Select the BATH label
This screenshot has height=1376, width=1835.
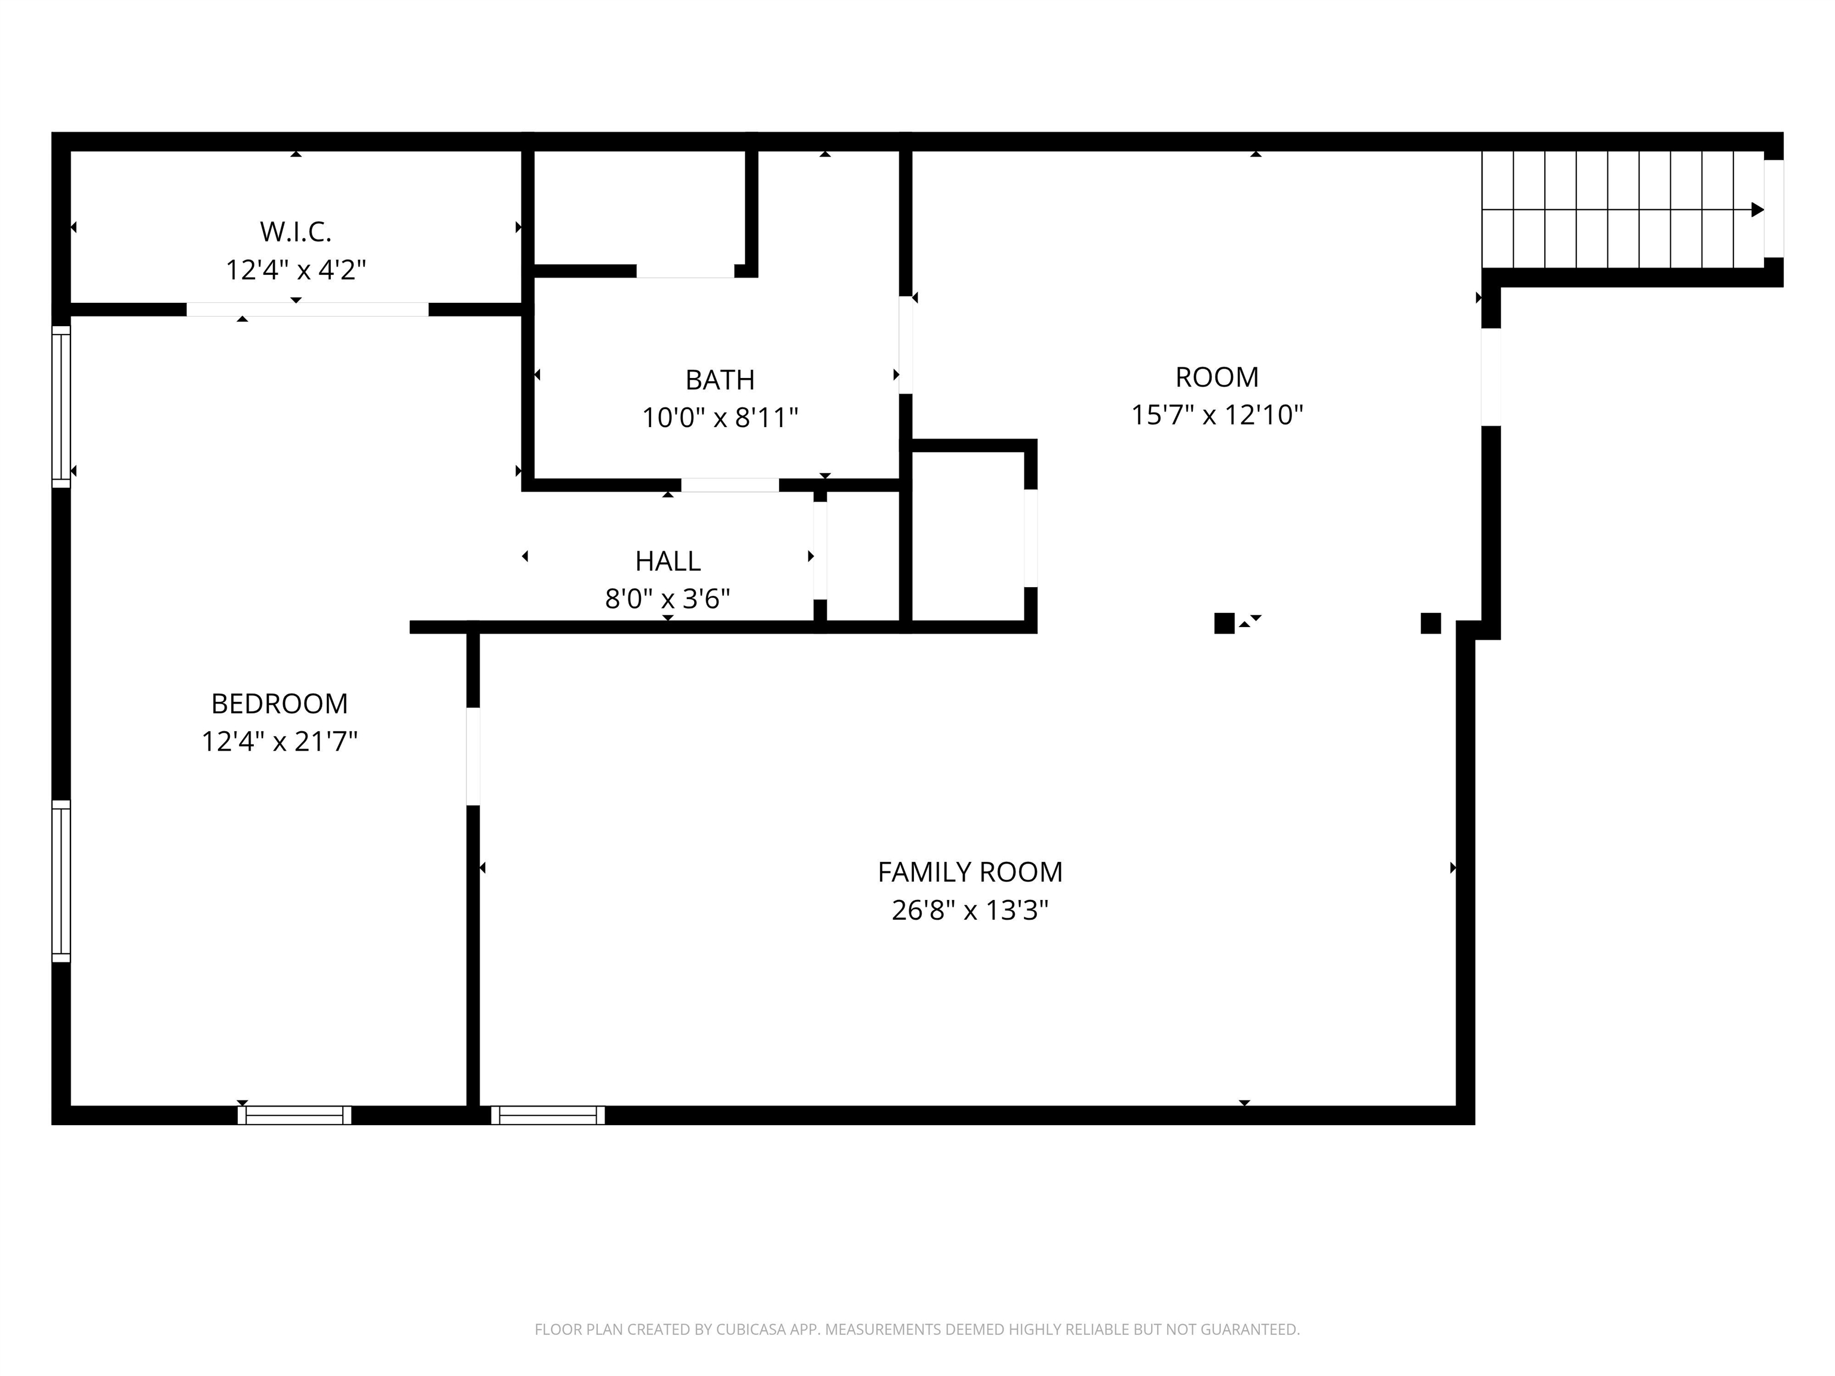[719, 380]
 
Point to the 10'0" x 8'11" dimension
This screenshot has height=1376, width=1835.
[719, 417]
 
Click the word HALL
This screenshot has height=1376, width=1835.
[668, 561]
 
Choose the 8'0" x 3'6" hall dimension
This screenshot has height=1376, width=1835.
[668, 599]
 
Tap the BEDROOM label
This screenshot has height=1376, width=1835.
[279, 704]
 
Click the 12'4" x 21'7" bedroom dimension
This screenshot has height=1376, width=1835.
[279, 741]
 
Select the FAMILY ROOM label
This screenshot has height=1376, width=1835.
[969, 872]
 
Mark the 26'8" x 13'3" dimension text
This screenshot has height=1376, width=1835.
[969, 910]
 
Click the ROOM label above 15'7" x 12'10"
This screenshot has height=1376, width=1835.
[1217, 377]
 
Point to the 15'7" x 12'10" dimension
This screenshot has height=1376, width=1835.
[1217, 414]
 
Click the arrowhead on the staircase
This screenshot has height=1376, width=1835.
[1757, 210]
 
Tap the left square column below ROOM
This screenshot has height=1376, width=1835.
[1223, 623]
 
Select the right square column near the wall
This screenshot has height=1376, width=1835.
[1430, 623]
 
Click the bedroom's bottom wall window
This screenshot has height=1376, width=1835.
[294, 1115]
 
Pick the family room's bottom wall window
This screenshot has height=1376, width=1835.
[548, 1115]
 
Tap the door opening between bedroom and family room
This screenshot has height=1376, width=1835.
[473, 755]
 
